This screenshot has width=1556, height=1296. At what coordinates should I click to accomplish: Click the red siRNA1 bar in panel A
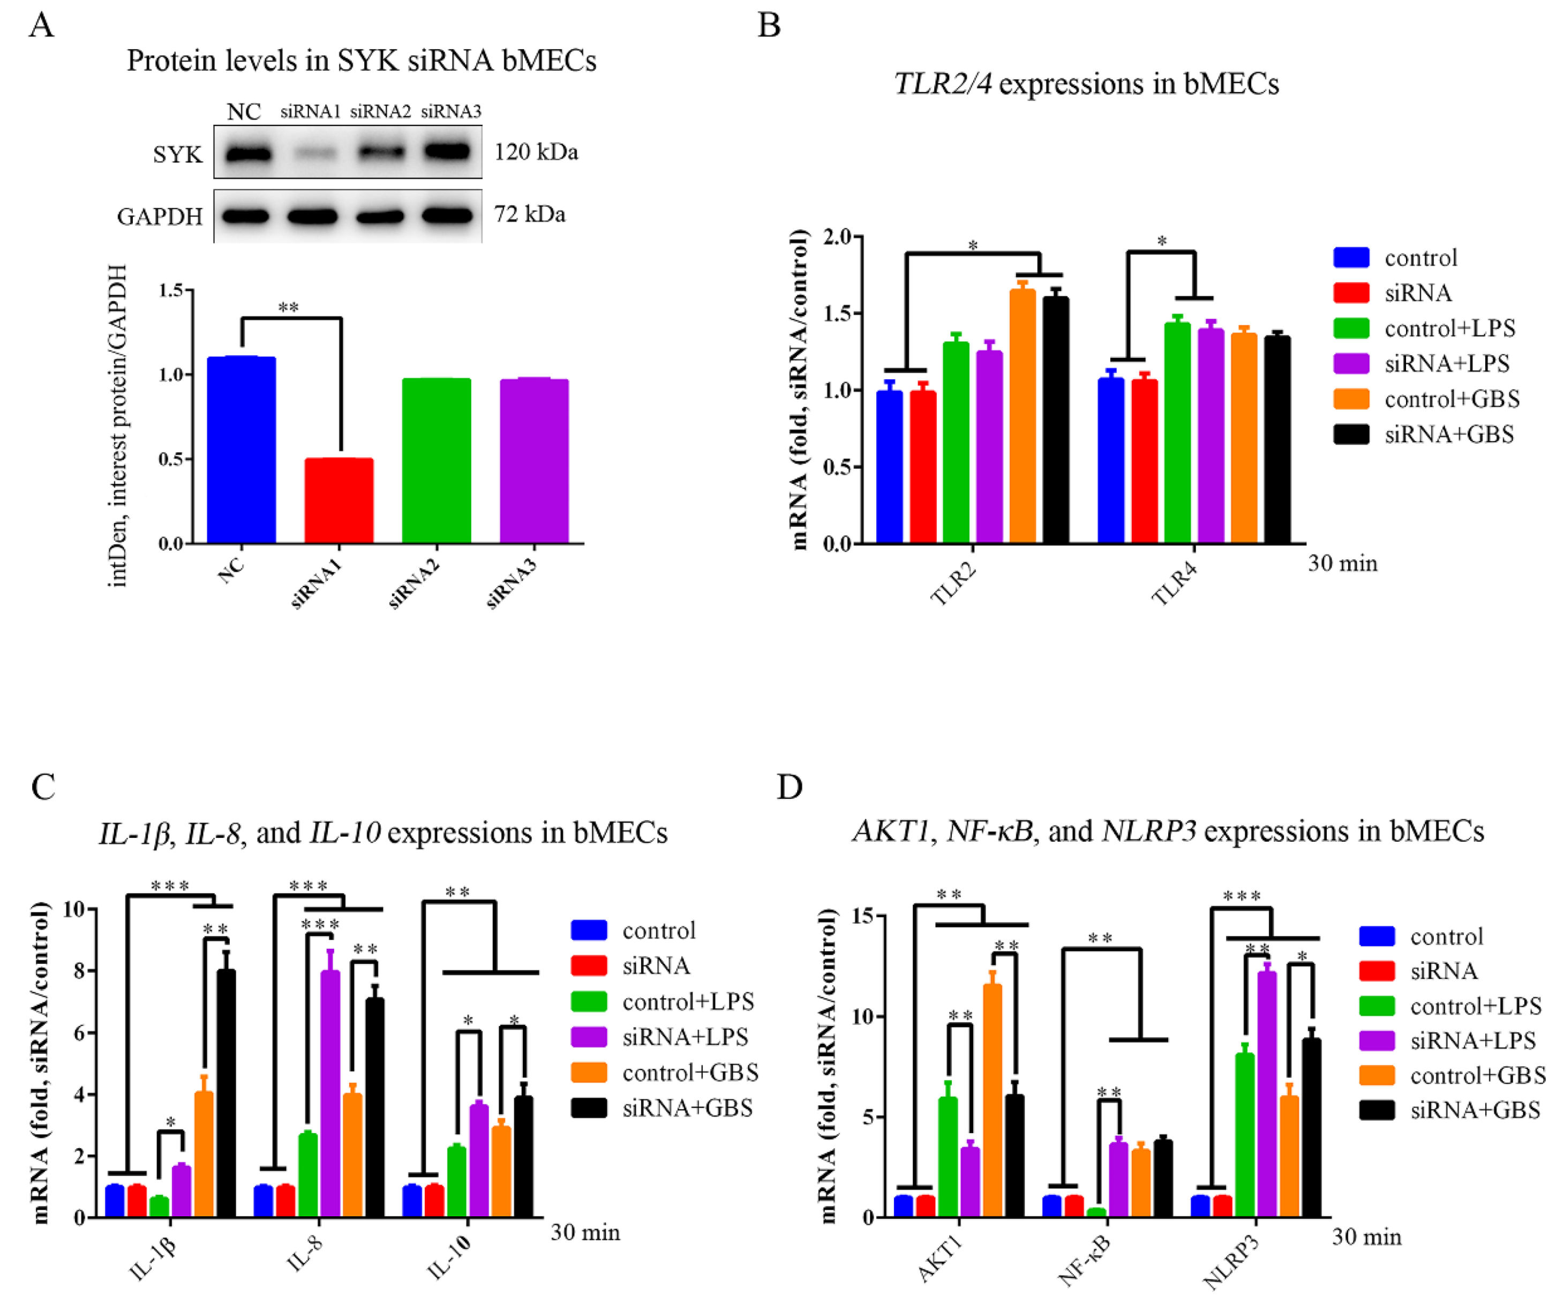point(339,501)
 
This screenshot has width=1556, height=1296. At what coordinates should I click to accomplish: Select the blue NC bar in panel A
point(241,451)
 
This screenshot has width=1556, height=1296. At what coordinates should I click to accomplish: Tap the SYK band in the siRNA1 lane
point(311,153)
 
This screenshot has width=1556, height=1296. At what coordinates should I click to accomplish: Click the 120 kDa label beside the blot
point(536,152)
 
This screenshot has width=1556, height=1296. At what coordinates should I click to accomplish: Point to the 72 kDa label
point(529,214)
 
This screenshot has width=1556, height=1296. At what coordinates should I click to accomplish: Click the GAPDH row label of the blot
point(159,216)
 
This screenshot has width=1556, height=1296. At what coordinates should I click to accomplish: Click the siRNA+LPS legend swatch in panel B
point(1351,363)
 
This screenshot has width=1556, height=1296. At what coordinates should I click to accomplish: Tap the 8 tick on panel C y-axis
point(79,971)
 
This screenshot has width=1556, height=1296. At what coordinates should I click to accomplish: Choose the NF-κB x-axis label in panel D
point(1084,1260)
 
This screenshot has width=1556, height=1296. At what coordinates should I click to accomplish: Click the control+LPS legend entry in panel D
point(1475,1006)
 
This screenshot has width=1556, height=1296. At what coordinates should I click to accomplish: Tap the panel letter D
point(790,787)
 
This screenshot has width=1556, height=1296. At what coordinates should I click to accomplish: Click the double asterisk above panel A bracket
point(288,308)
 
